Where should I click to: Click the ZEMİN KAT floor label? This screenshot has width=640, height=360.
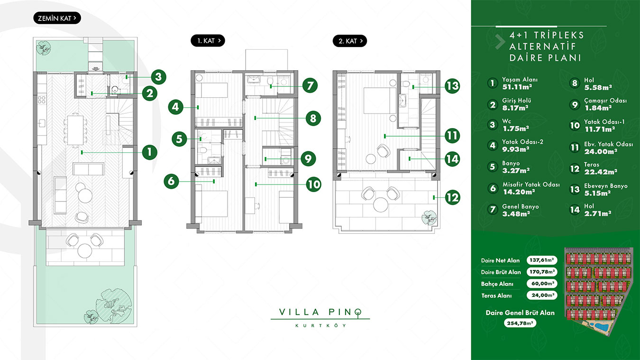[x=57, y=18]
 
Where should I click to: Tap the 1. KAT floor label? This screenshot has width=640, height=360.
[x=208, y=41]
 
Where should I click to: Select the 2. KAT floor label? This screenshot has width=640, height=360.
[x=350, y=41]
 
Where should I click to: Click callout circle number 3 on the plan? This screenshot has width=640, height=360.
[x=158, y=77]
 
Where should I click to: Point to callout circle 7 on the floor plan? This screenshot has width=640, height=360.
[x=310, y=85]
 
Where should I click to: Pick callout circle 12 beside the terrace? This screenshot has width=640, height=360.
[x=452, y=197]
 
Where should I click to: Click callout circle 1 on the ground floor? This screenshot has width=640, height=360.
[x=150, y=152]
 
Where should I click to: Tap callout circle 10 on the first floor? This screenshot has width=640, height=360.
[x=314, y=184]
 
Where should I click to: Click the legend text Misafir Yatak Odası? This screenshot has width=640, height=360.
[x=531, y=185]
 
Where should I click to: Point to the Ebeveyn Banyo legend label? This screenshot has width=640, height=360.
[x=606, y=186]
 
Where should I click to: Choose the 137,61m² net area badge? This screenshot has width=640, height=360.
[x=542, y=260]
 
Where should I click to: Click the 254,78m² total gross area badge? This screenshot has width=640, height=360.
[x=520, y=323]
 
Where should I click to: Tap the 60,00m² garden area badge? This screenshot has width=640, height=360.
[x=542, y=284]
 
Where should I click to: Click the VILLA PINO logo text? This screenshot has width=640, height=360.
[x=320, y=312]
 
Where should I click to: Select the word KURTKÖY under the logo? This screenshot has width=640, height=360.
[x=320, y=325]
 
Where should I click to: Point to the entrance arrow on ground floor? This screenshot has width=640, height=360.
[x=96, y=69]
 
